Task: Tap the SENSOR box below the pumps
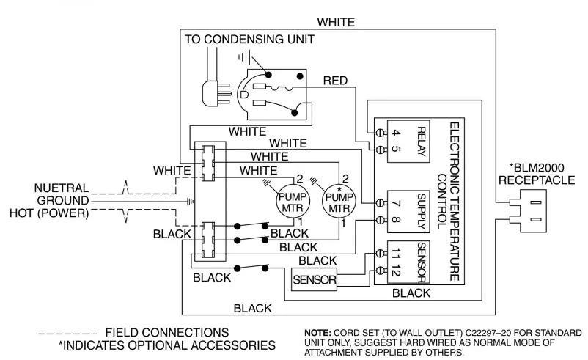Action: coord(314,280)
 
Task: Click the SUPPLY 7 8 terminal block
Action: coord(403,208)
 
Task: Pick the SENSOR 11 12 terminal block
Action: coord(403,261)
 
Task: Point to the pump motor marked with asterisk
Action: coord(339,199)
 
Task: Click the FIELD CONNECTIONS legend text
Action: coord(166,332)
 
